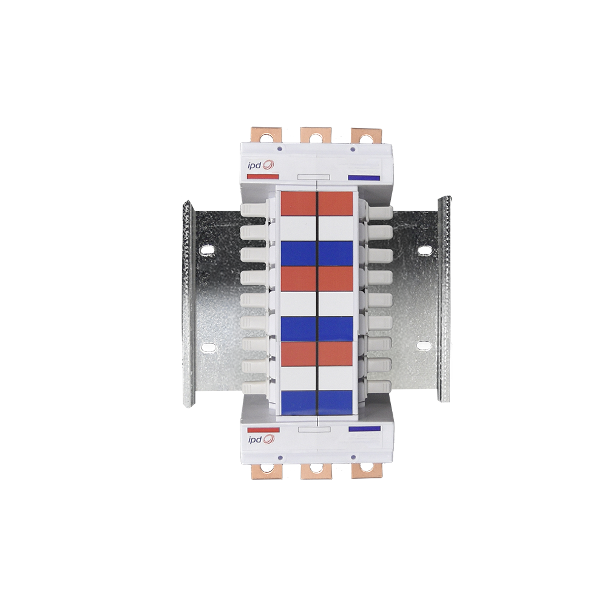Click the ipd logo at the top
pyautogui.click(x=261, y=165)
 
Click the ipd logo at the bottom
pyautogui.click(x=261, y=439)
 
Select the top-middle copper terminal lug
pyautogui.click(x=316, y=135)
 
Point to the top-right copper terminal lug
pyautogui.click(x=366, y=135)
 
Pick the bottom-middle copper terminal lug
pyautogui.click(x=316, y=471)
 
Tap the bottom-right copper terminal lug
pyautogui.click(x=366, y=471)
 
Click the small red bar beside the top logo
pyautogui.click(x=263, y=177)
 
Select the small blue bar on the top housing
pyautogui.click(x=364, y=178)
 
